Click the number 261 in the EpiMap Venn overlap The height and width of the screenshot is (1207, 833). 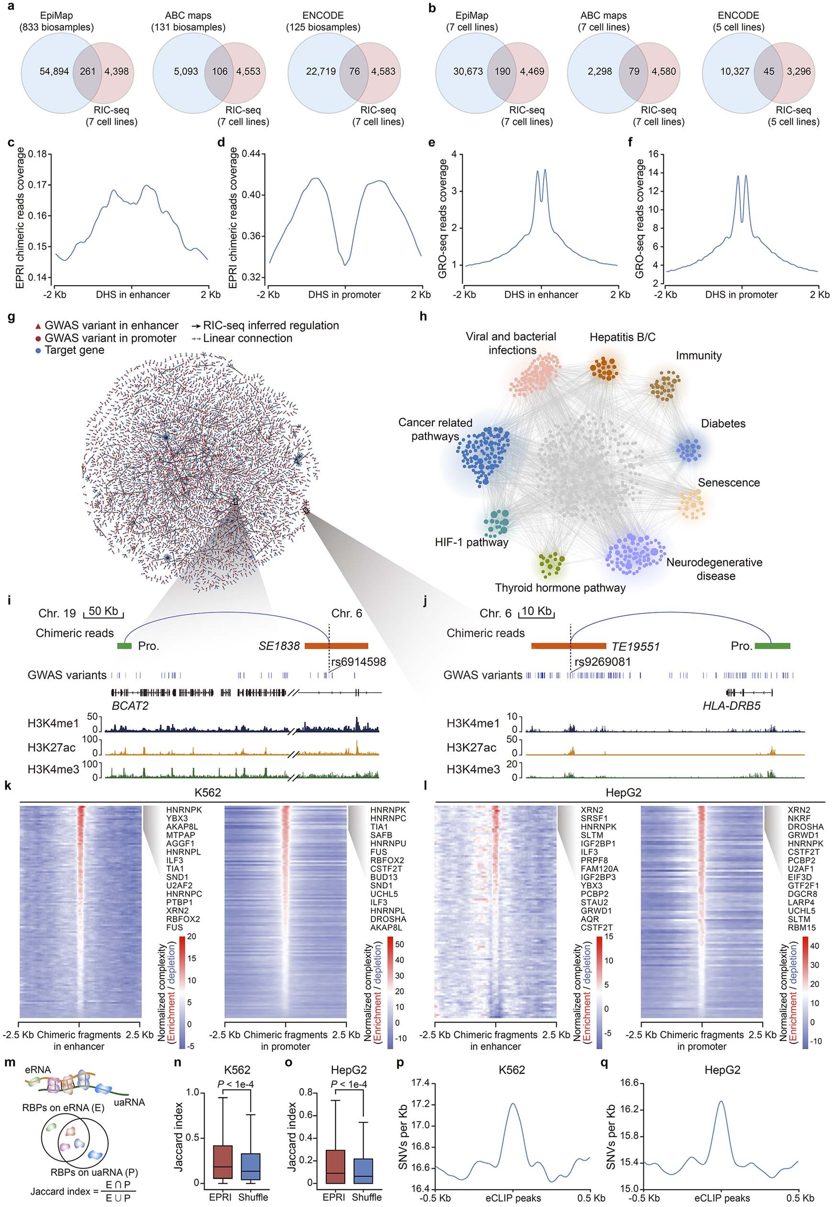tap(87, 71)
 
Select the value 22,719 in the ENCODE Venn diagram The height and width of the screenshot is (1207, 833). tap(321, 71)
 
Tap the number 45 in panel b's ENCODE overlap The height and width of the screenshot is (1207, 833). tap(768, 71)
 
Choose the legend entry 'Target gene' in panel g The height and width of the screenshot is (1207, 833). tap(74, 350)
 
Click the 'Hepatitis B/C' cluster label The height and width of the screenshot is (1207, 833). tap(622, 338)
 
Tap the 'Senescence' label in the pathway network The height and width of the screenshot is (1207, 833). tap(728, 483)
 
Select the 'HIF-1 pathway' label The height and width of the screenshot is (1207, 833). tap(471, 542)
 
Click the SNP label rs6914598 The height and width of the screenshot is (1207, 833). tap(358, 662)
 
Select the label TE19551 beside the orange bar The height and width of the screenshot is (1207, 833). tap(635, 646)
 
